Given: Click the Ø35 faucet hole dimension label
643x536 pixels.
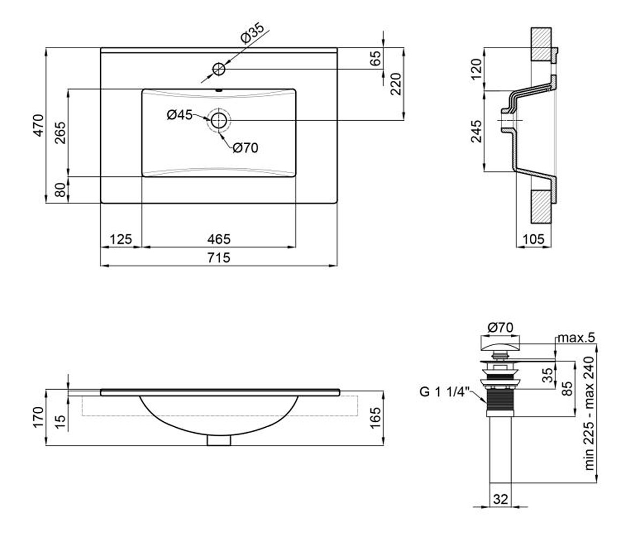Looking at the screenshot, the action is coord(252,33).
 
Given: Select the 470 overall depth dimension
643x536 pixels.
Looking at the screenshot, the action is coord(39,125).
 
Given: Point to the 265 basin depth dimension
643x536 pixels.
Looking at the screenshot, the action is coord(61,133).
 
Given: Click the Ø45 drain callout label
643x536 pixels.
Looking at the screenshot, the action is coord(179,115).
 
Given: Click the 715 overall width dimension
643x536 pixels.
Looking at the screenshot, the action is coord(219,257).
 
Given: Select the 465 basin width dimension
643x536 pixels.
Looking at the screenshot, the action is coord(219,239).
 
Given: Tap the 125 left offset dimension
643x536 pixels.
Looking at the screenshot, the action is coord(121,239).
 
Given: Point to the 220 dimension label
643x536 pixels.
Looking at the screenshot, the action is coord(396,84).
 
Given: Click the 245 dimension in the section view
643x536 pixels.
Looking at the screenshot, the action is coord(476,131).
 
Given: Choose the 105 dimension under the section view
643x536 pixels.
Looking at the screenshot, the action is coord(534,239).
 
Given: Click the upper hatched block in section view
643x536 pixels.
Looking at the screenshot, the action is coord(541,44).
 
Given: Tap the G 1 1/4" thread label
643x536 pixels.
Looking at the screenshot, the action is coord(444,392).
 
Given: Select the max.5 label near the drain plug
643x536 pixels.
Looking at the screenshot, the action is coord(576,338).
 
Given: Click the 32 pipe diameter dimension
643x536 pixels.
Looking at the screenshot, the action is coord(500,508).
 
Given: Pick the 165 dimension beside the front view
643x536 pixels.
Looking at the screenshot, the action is coord(376,418).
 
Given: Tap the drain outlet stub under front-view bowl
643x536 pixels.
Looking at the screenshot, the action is coord(219,441).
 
